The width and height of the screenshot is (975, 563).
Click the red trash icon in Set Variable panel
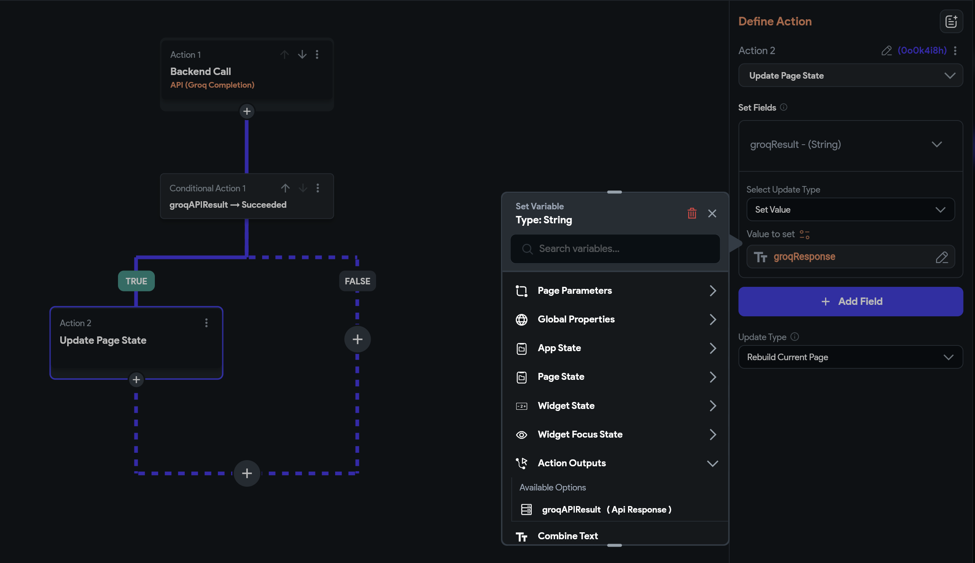tap(692, 213)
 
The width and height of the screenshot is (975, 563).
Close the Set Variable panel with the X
tap(712, 213)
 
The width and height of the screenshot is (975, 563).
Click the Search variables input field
tap(615, 249)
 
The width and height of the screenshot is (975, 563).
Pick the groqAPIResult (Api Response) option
tap(606, 509)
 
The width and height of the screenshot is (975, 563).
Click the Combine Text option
tap(568, 536)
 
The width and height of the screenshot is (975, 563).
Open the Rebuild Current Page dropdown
tap(850, 357)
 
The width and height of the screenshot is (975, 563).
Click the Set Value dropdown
tap(850, 209)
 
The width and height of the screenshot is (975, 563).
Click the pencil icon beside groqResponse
tap(942, 257)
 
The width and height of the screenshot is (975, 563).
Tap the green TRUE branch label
tap(136, 281)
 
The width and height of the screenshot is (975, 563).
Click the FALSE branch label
tap(357, 281)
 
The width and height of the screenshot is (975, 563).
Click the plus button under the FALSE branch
tap(357, 339)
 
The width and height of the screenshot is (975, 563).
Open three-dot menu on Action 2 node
tap(206, 323)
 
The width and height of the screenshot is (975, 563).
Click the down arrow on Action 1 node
tap(302, 54)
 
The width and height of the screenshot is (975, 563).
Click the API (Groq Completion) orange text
tap(212, 85)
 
